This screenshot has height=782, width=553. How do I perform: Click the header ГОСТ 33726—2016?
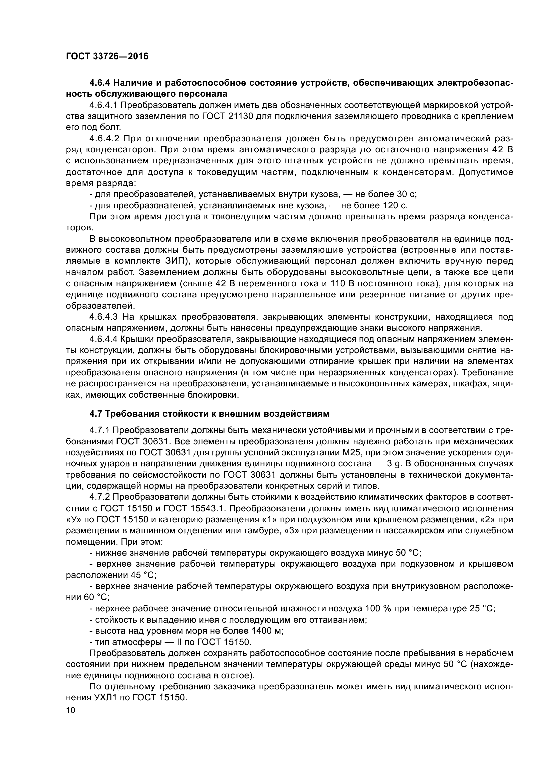pyautogui.click(x=107, y=57)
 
